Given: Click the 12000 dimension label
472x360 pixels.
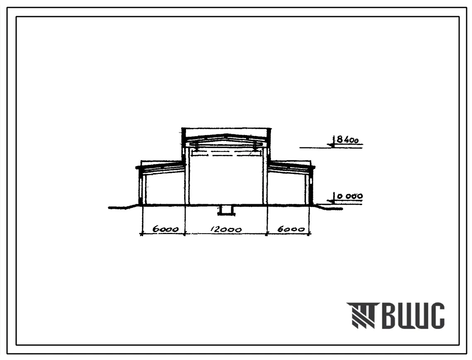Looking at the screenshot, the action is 226,230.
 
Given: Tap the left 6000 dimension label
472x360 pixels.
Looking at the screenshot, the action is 165,229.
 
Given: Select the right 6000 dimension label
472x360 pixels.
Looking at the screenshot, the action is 291,229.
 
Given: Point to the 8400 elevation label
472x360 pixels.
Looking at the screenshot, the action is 348,140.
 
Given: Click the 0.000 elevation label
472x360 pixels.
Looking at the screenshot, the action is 350,196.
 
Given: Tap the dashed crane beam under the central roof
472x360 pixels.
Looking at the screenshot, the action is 226,155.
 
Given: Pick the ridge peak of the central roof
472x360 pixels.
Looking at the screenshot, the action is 226,134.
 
